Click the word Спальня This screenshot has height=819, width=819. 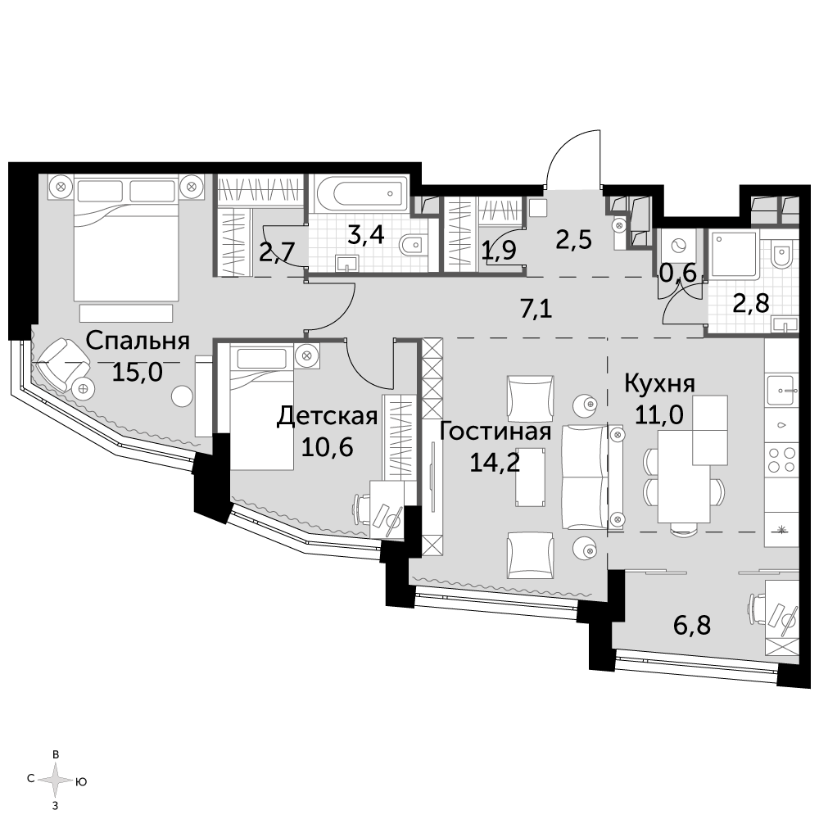tap(138, 341)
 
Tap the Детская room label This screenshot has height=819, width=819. tap(327, 416)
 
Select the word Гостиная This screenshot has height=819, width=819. tap(495, 432)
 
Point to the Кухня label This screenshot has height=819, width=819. tap(659, 384)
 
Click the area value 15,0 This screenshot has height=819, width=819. tap(138, 373)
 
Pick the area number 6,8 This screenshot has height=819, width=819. tap(692, 625)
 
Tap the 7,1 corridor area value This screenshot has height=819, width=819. tap(536, 310)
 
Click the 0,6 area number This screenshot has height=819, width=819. tap(678, 274)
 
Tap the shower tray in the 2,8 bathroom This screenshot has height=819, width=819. tap(733, 253)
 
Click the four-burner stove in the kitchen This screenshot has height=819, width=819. tap(781, 459)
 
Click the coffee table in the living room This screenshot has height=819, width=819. tap(531, 477)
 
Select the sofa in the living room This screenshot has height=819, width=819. tap(593, 477)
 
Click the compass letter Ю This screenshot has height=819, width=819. tap(80, 782)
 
